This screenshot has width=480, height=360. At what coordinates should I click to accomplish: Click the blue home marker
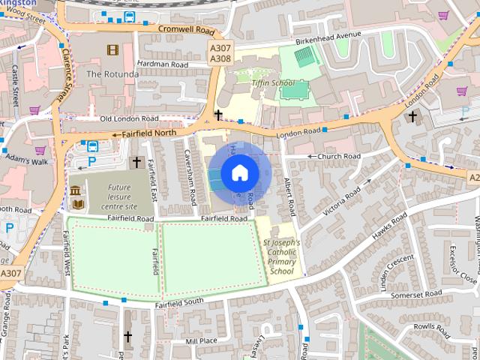tap(239, 173)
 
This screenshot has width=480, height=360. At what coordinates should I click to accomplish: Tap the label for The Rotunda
tap(112, 74)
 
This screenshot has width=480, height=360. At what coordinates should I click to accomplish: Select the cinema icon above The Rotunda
tap(112, 50)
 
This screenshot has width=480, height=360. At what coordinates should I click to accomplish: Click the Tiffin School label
tap(272, 82)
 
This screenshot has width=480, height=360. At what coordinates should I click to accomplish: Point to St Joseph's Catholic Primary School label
tap(281, 257)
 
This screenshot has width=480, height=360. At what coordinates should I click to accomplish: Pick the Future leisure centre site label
tap(119, 196)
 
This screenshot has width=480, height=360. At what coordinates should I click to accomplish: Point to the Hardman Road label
tap(164, 64)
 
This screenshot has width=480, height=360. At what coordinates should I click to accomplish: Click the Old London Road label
tap(129, 118)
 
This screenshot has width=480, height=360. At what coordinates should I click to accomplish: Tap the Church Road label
tap(339, 156)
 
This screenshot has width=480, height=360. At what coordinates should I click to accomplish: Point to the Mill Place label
tap(201, 341)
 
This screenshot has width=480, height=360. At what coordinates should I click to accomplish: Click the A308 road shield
tap(220, 58)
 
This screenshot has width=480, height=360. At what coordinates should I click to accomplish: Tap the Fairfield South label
tap(179, 303)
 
